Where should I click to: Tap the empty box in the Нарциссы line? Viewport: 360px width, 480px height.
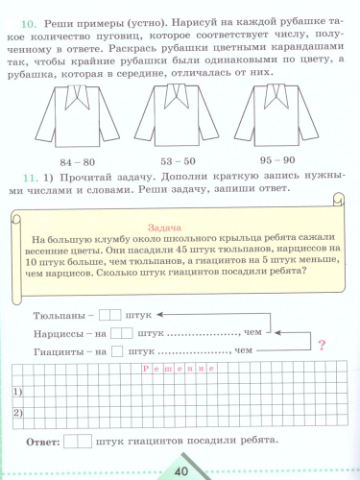(122, 333)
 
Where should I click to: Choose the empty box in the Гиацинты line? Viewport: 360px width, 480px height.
(122, 351)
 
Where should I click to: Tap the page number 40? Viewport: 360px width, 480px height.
(180, 469)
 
